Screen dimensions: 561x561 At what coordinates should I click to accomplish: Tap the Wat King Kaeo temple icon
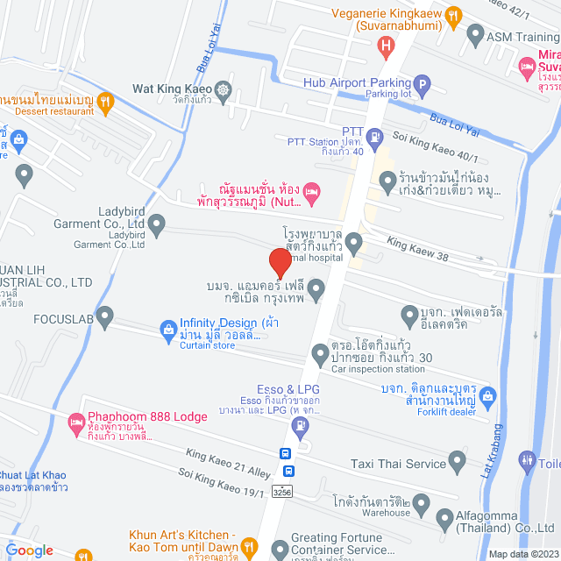point(224,89)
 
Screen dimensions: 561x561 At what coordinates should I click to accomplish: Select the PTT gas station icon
point(375,136)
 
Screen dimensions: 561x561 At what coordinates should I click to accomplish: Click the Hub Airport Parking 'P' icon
point(422,86)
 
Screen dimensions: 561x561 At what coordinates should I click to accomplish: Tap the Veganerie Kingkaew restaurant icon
point(452,15)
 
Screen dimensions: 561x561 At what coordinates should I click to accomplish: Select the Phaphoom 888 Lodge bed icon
point(75,420)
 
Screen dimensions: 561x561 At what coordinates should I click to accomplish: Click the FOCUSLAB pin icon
point(106,315)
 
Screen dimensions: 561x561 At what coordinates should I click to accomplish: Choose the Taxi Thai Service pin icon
point(456,459)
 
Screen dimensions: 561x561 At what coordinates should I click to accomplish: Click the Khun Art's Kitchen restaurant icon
point(248,544)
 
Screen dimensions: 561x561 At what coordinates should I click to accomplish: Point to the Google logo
point(29,550)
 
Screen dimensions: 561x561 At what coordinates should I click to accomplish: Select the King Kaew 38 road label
point(417,246)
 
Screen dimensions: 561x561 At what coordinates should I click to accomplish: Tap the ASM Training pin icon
point(475,37)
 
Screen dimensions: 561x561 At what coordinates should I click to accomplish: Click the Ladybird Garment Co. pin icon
point(157,226)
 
